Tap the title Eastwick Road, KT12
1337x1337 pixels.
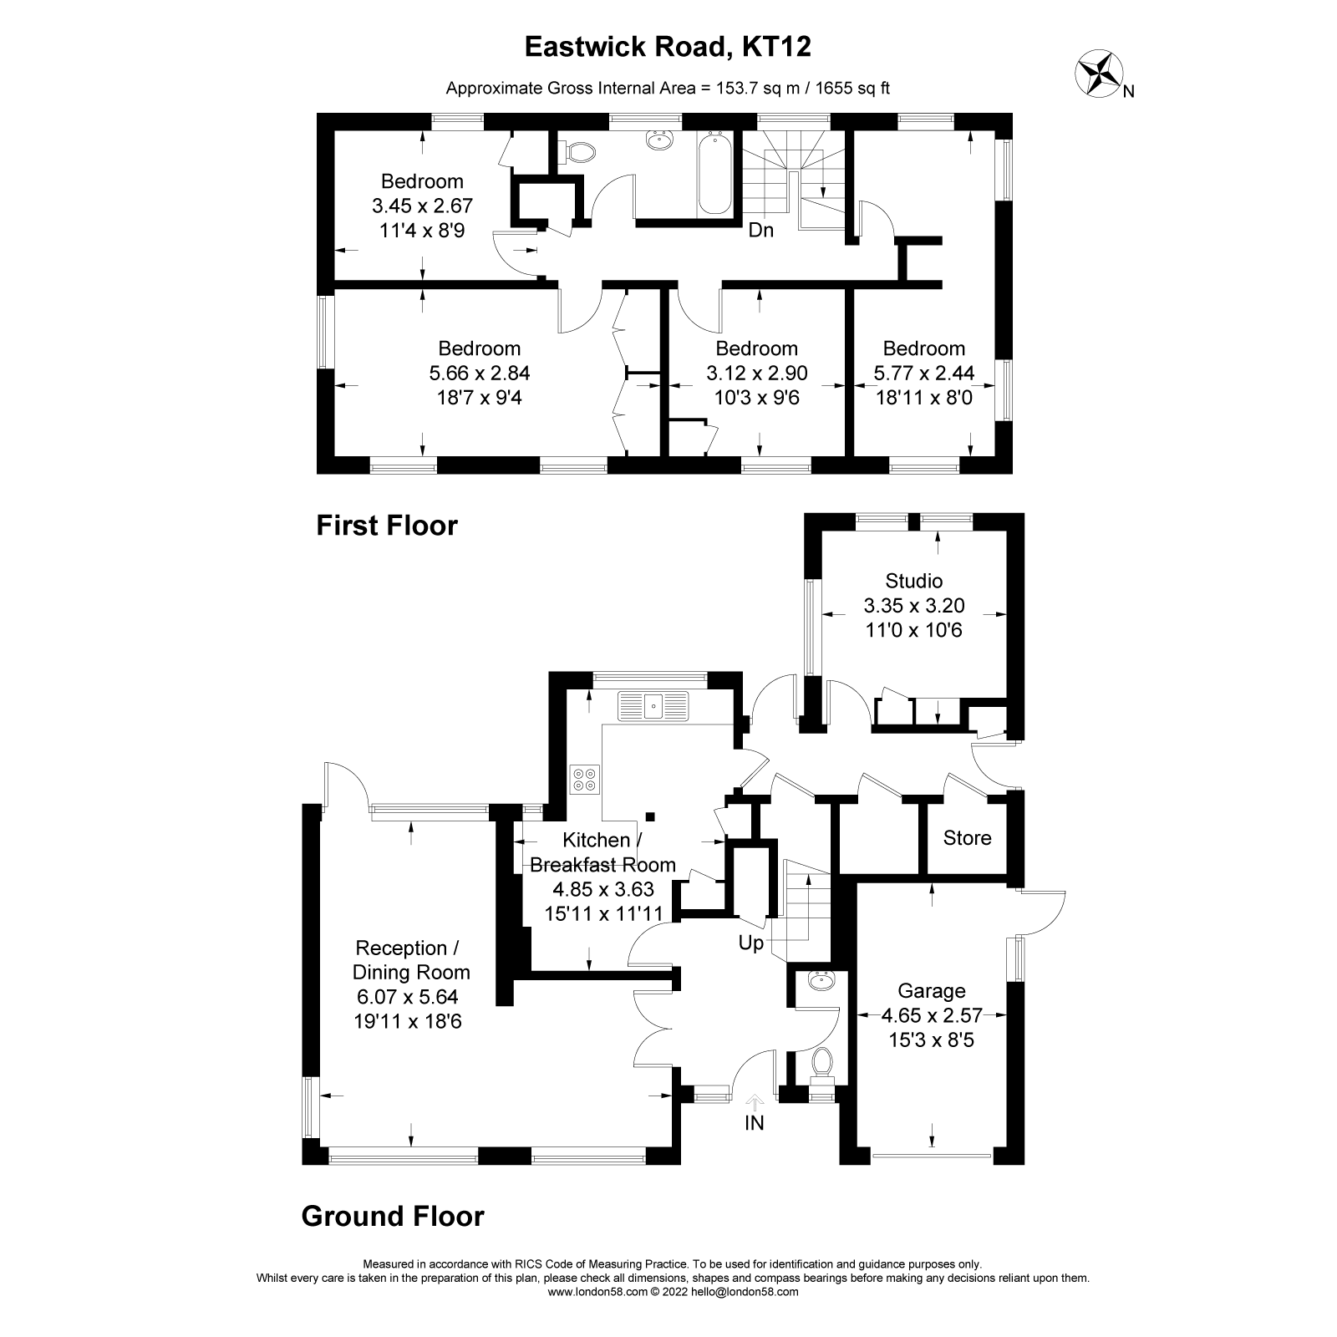pyautogui.click(x=668, y=47)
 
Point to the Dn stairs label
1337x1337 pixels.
pyautogui.click(x=760, y=231)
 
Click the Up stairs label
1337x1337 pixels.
pyautogui.click(x=750, y=943)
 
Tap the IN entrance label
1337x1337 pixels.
pyautogui.click(x=754, y=1123)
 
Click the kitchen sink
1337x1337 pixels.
pyautogui.click(x=652, y=706)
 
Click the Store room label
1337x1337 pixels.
pyautogui.click(x=967, y=838)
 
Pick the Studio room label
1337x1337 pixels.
pyautogui.click(x=913, y=581)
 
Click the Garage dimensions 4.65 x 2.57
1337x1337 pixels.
pyautogui.click(x=931, y=1016)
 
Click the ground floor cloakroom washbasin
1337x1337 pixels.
pyautogui.click(x=821, y=981)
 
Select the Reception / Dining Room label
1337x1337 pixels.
pyautogui.click(x=410, y=960)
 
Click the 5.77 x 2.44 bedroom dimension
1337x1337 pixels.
pyautogui.click(x=923, y=373)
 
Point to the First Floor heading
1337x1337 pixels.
pyautogui.click(x=387, y=526)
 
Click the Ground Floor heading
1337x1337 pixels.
pyautogui.click(x=392, y=1216)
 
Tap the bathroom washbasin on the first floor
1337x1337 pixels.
pyautogui.click(x=661, y=140)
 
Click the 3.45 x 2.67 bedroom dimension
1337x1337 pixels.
pyautogui.click(x=422, y=206)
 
